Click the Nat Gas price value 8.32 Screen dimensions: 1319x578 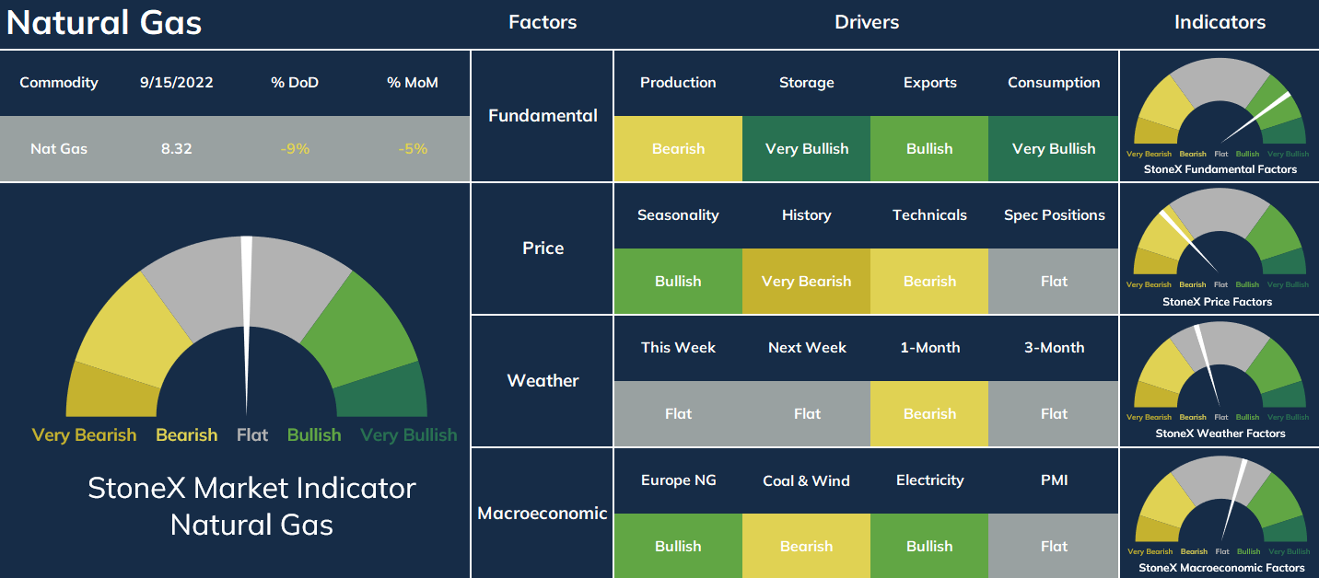(x=177, y=148)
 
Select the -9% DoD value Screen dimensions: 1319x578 (x=295, y=148)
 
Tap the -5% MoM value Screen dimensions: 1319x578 (x=413, y=148)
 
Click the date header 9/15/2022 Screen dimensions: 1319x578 (x=177, y=83)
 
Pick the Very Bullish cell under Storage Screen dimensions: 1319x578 (x=807, y=148)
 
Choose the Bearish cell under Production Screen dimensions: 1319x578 (x=678, y=148)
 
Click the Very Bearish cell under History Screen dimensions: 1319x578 (x=807, y=281)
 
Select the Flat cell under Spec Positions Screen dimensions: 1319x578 (x=1054, y=281)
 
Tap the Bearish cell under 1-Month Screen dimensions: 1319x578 (x=929, y=413)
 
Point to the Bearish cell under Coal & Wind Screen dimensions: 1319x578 (x=807, y=546)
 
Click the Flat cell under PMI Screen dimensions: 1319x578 (x=1054, y=546)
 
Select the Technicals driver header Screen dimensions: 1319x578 (x=929, y=214)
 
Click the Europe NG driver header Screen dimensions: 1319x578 (x=678, y=480)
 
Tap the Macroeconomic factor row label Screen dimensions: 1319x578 (x=543, y=514)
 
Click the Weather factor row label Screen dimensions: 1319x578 (x=543, y=381)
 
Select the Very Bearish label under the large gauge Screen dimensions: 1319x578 (x=84, y=435)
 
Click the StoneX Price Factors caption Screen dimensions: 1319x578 (x=1217, y=301)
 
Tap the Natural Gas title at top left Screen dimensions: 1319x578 (x=104, y=23)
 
